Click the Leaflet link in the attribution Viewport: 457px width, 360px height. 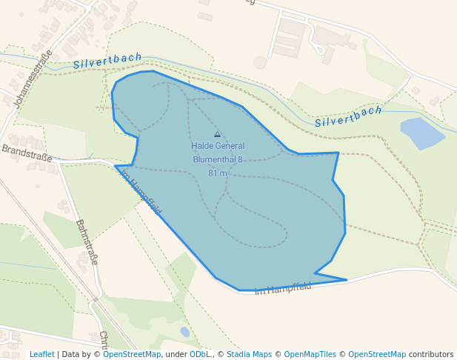pos(41,354)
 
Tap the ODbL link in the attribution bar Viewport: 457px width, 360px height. pos(200,354)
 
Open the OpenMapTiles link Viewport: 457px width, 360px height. pos(310,354)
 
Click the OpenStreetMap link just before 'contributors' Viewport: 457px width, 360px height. pos(377,354)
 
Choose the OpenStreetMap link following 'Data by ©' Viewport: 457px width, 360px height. pos(132,354)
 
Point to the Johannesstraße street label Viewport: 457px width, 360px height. pos(33,79)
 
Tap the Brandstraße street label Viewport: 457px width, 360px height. pos(26,153)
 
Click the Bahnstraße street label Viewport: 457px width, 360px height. pos(87,241)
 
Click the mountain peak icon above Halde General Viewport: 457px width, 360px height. pos(217,134)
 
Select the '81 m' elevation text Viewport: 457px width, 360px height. pos(217,173)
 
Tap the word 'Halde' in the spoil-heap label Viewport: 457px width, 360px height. pos(201,146)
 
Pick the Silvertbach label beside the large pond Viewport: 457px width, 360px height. pos(348,116)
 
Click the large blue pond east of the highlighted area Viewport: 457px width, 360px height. pos(421,132)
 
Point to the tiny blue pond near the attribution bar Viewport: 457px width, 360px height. pos(184,332)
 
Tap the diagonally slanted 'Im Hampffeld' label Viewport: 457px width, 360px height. pos(140,193)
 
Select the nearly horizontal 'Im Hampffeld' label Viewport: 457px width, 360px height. pos(282,287)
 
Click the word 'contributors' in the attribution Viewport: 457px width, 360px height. pos(431,354)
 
